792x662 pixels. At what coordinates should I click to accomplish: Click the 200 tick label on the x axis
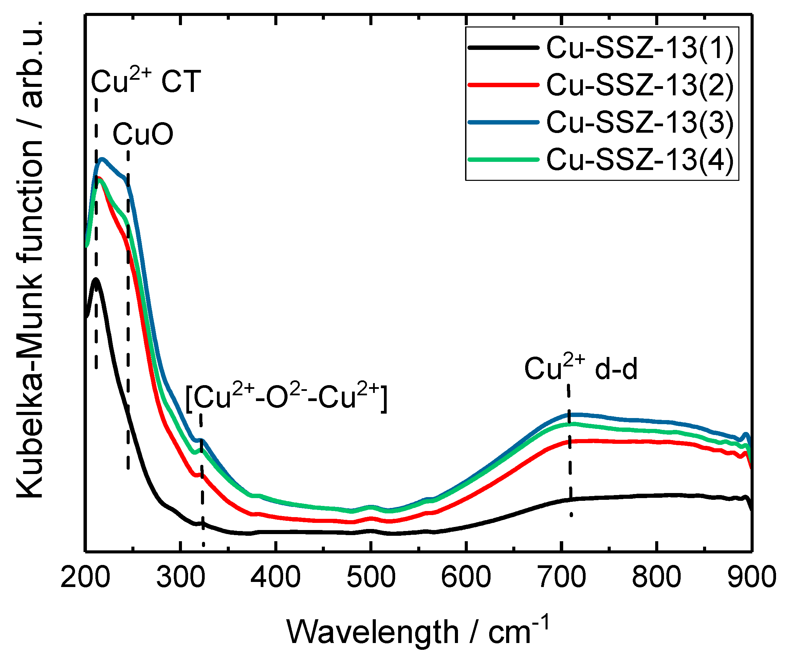(x=85, y=577)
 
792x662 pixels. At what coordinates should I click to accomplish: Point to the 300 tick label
(x=181, y=577)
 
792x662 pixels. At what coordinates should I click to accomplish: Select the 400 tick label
(x=276, y=577)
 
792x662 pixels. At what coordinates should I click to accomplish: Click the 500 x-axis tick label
(x=371, y=577)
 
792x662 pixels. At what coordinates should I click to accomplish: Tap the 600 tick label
(x=466, y=577)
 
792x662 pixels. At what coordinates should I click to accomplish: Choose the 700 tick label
(x=561, y=577)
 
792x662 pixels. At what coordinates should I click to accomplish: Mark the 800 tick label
(x=657, y=577)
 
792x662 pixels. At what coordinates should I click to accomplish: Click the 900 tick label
(x=751, y=577)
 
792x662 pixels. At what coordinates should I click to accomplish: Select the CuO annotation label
(x=143, y=134)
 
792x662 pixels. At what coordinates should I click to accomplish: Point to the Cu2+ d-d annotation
(x=581, y=367)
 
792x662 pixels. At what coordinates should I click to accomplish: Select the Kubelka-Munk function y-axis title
(x=30, y=260)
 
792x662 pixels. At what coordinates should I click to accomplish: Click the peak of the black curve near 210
(x=96, y=279)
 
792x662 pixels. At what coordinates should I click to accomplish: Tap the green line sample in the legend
(x=503, y=159)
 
